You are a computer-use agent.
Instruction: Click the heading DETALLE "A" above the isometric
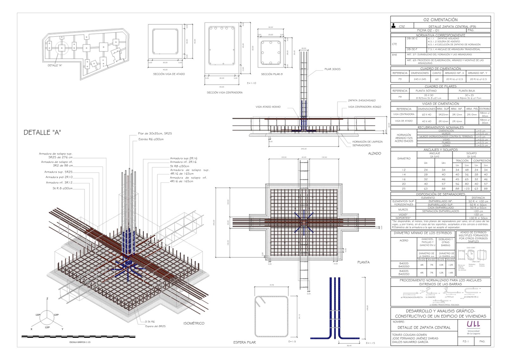click(42, 132)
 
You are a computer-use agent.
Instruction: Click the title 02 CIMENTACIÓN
click(440, 20)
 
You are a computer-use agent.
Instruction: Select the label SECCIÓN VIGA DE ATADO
click(169, 74)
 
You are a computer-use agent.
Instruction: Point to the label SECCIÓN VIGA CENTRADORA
click(224, 92)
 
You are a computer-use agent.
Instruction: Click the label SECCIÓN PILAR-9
click(272, 74)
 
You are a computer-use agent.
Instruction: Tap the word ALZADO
click(375, 154)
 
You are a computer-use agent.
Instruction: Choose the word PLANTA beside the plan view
click(363, 262)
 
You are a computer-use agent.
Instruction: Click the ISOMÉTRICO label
click(194, 323)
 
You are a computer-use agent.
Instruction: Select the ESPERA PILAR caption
click(244, 342)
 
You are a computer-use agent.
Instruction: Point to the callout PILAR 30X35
click(332, 69)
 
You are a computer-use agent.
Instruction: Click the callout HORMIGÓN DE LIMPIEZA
click(367, 142)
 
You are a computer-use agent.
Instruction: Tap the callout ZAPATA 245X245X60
click(362, 100)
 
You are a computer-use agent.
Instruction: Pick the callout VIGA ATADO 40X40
click(268, 107)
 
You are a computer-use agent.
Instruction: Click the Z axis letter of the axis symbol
click(47, 299)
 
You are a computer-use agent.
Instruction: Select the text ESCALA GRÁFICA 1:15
click(82, 342)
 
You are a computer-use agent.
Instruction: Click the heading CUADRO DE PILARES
click(440, 86)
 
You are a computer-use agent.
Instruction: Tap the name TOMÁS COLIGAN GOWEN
click(409, 335)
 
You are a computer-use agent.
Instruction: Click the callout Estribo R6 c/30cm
click(151, 139)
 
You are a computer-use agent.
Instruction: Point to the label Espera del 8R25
click(155, 326)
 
